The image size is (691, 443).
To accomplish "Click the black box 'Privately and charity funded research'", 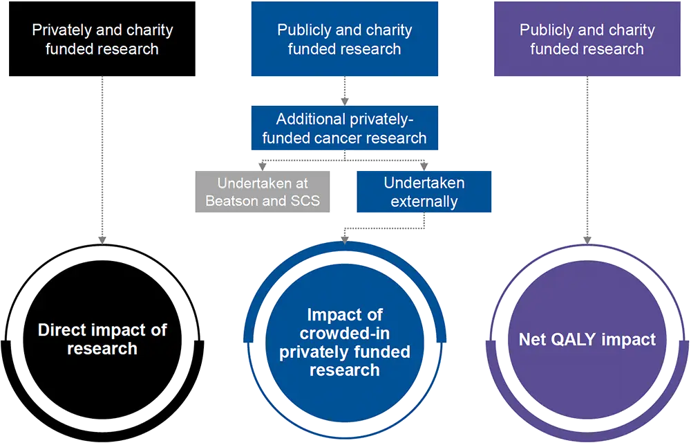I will point(102,39).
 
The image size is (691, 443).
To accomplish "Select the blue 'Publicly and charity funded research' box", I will point(344,39).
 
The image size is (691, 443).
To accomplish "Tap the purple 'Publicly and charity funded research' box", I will point(587,39).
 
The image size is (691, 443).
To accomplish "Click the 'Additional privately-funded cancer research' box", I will point(344,128).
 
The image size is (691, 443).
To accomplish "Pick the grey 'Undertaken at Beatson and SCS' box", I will point(263,192).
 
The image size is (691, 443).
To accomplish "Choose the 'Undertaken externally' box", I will point(424,192).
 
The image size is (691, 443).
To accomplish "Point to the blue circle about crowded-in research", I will point(344,342).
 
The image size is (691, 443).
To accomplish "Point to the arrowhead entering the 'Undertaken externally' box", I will point(424,166).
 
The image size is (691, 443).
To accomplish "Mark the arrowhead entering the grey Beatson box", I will point(263,166).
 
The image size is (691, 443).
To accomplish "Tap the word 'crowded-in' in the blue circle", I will point(344,333).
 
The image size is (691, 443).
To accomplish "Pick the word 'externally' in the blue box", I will point(424,201).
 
